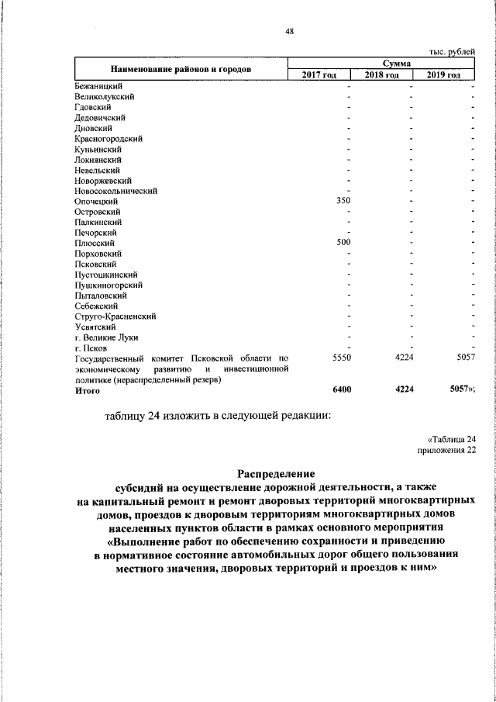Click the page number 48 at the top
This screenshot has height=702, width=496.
click(x=289, y=32)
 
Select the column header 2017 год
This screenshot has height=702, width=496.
click(x=319, y=75)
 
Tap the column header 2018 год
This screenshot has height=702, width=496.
click(x=381, y=75)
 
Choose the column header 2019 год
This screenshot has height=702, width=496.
click(x=443, y=75)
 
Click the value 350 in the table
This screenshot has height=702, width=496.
click(x=343, y=201)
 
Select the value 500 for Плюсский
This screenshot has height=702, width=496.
click(x=343, y=243)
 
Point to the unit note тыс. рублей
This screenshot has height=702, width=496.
click(x=452, y=51)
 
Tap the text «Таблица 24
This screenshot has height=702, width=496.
click(x=450, y=439)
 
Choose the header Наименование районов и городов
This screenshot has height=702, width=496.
click(x=181, y=69)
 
